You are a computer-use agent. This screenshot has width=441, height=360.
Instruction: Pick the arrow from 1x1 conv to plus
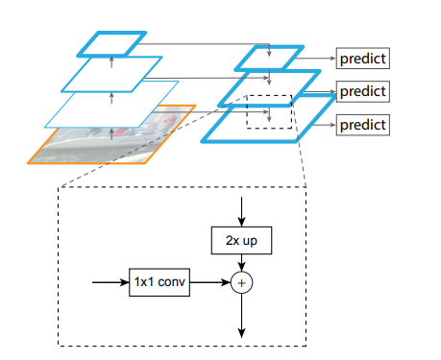coord(210,284)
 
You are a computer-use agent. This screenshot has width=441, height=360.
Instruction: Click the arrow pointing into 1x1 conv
coord(110,284)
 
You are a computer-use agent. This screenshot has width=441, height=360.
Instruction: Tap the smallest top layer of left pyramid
coord(111,43)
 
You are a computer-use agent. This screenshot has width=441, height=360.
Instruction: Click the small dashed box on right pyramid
coord(270,110)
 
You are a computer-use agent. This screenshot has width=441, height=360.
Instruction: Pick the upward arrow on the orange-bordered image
coord(111,133)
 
